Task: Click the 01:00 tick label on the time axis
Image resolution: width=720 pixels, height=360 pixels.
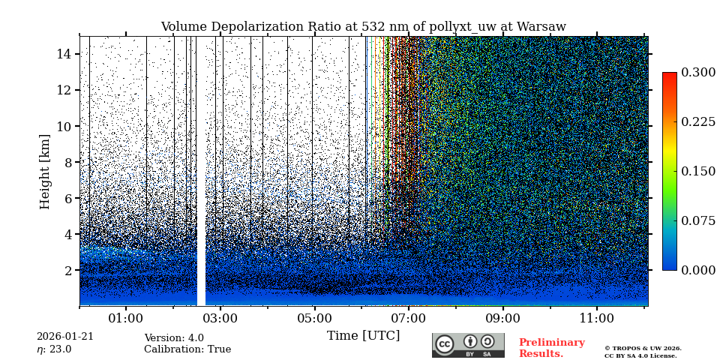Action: point(126,318)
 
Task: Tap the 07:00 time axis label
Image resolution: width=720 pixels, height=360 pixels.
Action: point(409,318)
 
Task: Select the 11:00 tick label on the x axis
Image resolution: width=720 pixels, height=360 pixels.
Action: point(597,318)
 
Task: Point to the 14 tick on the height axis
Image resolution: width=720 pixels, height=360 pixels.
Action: point(64,54)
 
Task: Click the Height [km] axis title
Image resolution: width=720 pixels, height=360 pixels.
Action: point(46,171)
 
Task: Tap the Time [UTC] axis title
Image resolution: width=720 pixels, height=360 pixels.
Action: point(363,336)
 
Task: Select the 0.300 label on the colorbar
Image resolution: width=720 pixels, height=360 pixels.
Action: point(698,73)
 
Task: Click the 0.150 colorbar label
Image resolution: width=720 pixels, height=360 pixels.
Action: point(698,171)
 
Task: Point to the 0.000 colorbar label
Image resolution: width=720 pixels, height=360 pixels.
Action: point(698,270)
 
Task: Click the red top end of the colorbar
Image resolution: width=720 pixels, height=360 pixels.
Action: point(669,76)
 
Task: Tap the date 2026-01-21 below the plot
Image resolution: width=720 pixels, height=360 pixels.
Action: point(65,337)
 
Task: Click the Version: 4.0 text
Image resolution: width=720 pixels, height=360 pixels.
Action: point(174,338)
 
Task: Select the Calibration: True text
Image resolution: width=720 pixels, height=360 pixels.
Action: point(187,349)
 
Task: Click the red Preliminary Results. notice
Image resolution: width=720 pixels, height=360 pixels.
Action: point(551,348)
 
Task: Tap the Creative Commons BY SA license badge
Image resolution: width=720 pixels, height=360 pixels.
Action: point(468,345)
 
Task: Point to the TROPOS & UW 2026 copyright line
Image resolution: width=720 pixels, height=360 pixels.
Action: point(643,348)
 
